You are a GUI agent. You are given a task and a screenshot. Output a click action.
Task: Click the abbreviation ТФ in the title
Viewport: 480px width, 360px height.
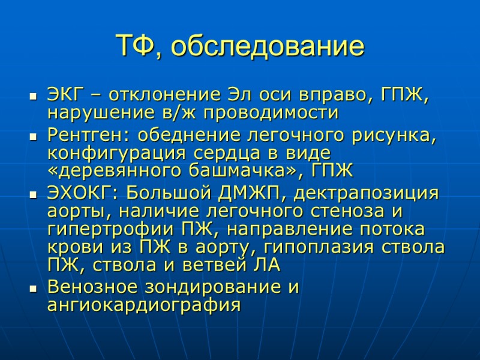[x=133, y=46]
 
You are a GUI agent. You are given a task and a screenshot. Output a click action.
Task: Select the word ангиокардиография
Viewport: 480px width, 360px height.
[x=143, y=304]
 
